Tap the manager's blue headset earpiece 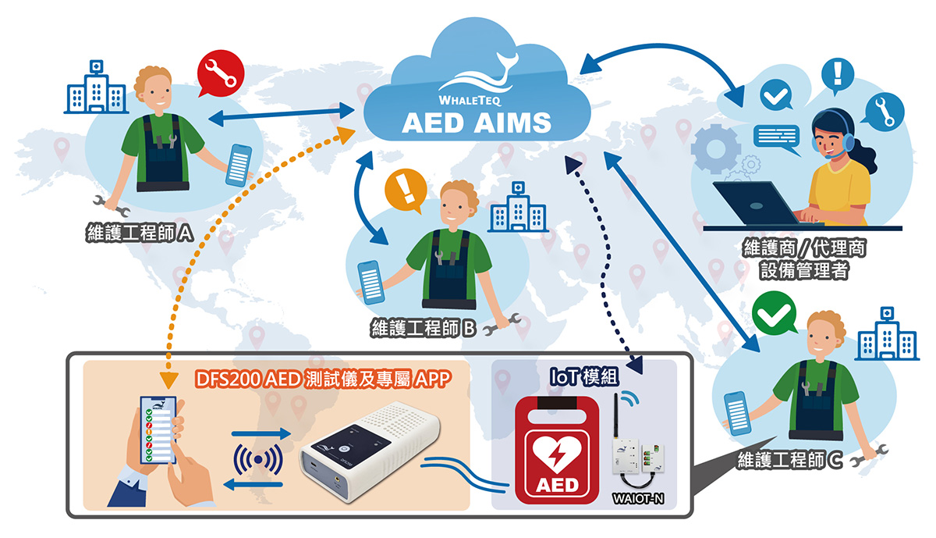pos(848,142)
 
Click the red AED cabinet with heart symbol pos(558,448)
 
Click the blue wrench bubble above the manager pos(885,111)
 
